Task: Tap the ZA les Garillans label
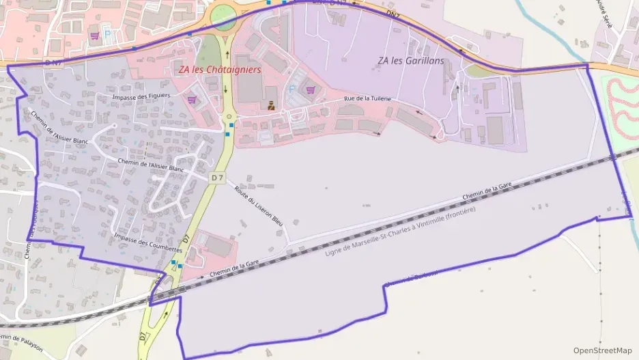[x=410, y=61]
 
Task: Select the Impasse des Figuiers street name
[x=142, y=97]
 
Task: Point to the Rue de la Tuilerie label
[x=367, y=98]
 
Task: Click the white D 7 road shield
[x=218, y=178]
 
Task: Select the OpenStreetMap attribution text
[x=602, y=350]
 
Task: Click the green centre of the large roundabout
[x=223, y=18]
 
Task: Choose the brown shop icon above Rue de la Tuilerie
[x=271, y=105]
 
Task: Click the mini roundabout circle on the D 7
[x=229, y=117]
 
